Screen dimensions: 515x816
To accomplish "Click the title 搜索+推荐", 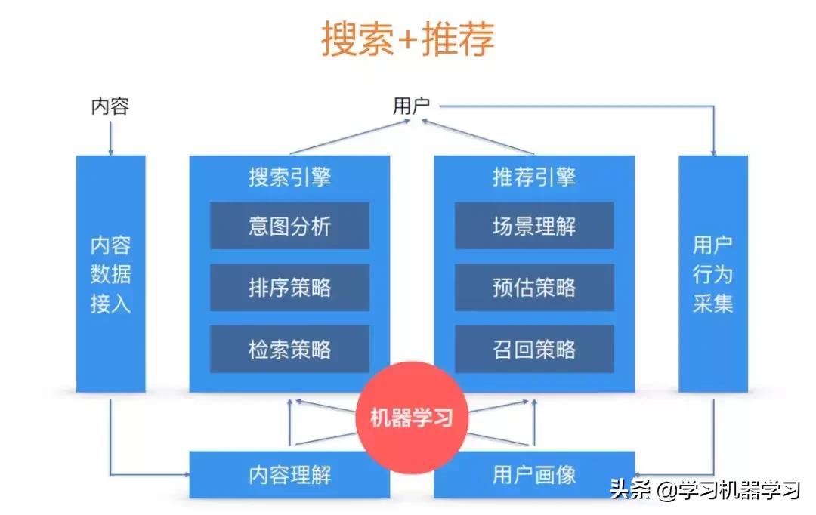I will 408,39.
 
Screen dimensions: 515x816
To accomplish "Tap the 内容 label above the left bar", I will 110,106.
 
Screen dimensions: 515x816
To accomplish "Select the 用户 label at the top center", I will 411,106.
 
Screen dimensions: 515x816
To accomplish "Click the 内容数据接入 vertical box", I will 110,273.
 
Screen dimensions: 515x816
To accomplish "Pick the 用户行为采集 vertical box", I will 712,273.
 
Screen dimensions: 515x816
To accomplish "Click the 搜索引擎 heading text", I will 289,177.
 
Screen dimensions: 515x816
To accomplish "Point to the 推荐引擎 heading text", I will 533,177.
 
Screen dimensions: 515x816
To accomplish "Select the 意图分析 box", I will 289,226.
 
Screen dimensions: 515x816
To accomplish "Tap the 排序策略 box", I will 289,287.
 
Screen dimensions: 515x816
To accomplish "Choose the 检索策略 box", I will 289,349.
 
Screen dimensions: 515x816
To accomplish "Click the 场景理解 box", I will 533,226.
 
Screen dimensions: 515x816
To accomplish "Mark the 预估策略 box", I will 533,287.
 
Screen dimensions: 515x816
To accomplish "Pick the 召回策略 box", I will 533,349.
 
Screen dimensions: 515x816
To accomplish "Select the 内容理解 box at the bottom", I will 289,474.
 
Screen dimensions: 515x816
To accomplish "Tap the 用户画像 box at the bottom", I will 533,474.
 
